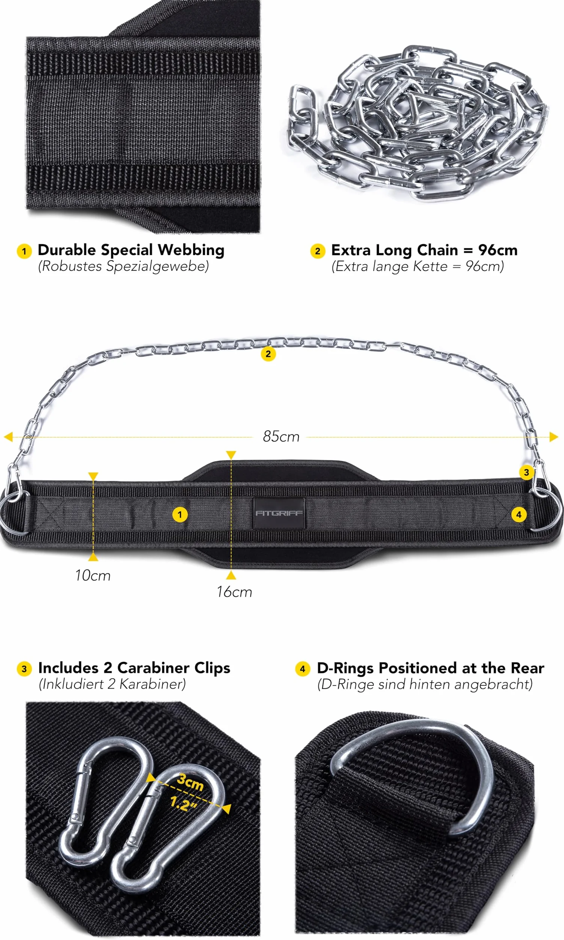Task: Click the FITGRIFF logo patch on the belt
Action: pyautogui.click(x=279, y=513)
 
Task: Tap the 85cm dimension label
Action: pyautogui.click(x=281, y=437)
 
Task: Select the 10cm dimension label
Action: pyautogui.click(x=93, y=575)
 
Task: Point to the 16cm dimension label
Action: pyautogui.click(x=234, y=592)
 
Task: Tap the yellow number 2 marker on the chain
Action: pyautogui.click(x=268, y=354)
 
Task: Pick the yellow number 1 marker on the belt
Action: pyautogui.click(x=180, y=515)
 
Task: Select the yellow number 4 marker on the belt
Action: pyautogui.click(x=519, y=515)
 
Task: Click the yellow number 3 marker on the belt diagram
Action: pyautogui.click(x=527, y=472)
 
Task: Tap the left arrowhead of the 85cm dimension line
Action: pyautogui.click(x=8, y=437)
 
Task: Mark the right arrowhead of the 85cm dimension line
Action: pyautogui.click(x=554, y=437)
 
